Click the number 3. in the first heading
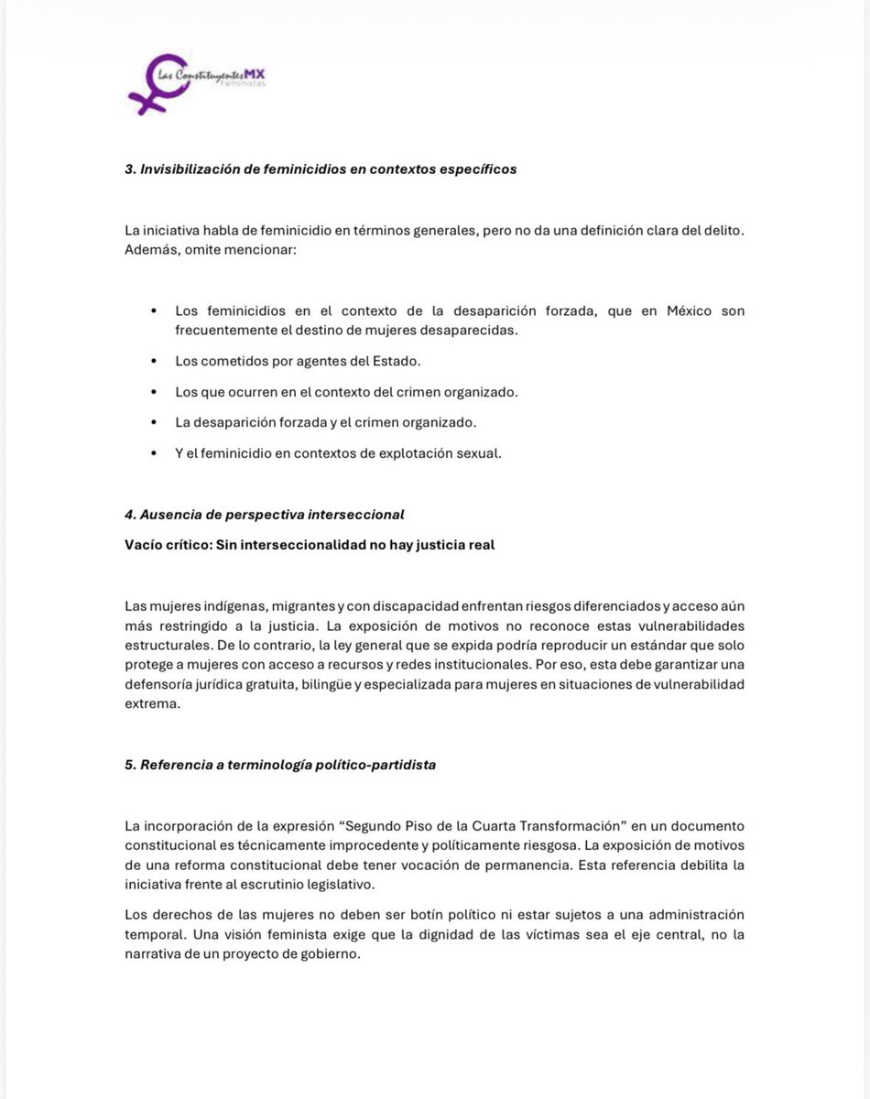[x=130, y=169]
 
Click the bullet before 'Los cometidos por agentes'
[x=153, y=361]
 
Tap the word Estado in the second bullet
[x=394, y=361]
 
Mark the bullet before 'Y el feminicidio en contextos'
[x=153, y=454]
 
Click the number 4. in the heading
[x=130, y=515]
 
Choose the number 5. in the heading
[x=130, y=765]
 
